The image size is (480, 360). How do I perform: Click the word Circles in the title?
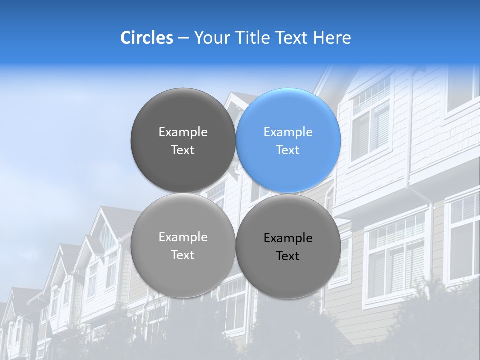point(147,38)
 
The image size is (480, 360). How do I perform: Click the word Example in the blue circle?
point(288,132)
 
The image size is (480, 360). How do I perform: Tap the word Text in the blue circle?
point(288,150)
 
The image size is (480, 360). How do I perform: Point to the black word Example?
point(288,238)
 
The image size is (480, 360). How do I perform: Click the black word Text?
point(288,256)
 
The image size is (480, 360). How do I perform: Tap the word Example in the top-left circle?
point(183,132)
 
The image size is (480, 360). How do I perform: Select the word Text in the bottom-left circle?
point(183,255)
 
